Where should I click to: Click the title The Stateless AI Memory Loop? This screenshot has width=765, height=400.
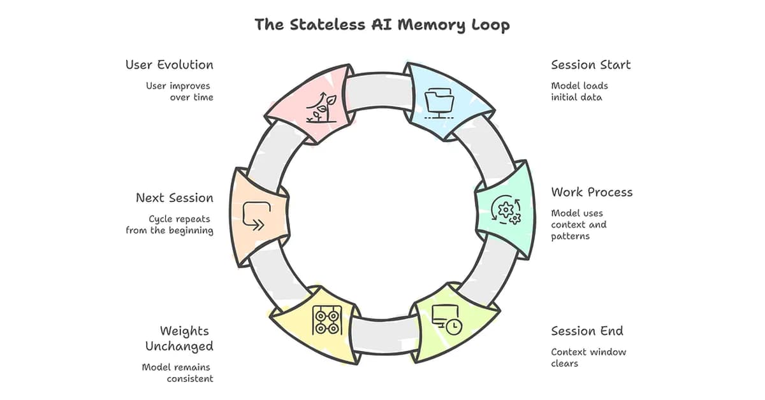click(382, 25)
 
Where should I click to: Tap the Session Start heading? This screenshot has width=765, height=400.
click(590, 65)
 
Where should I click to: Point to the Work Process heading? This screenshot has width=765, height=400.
click(592, 192)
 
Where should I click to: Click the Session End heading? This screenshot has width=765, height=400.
click(586, 331)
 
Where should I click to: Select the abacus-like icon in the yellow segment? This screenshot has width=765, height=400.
click(327, 320)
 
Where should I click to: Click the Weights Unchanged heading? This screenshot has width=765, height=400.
click(178, 339)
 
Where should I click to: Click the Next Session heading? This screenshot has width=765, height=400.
click(174, 198)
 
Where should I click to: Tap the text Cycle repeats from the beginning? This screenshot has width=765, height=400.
click(170, 224)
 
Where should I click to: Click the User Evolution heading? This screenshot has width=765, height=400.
click(169, 65)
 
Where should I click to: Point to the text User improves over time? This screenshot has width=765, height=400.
click(180, 92)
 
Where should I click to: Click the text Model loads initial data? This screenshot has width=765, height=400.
click(579, 92)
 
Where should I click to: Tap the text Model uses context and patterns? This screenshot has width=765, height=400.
click(579, 224)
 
